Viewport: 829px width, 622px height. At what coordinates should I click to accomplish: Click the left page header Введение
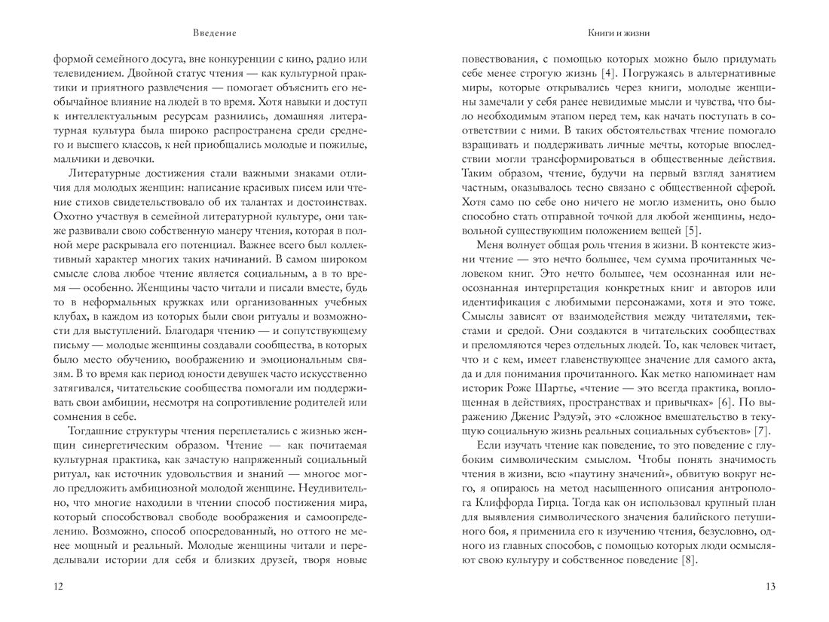pyautogui.click(x=214, y=33)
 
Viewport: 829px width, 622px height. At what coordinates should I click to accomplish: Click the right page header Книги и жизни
pyautogui.click(x=618, y=33)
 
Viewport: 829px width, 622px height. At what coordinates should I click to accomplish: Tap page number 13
pyautogui.click(x=769, y=587)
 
